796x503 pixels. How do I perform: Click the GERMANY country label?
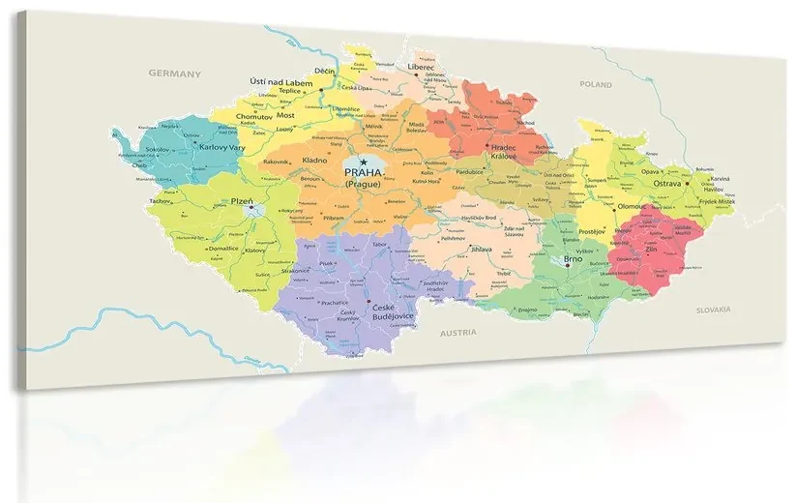(174, 74)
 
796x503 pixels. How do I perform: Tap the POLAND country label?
(596, 85)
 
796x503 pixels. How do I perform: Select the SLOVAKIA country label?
(714, 310)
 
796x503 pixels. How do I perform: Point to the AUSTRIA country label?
(457, 332)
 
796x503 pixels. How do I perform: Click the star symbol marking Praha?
(364, 162)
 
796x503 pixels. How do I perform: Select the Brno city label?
(573, 259)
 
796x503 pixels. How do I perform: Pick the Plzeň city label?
(243, 201)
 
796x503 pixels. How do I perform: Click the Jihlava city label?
(481, 249)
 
